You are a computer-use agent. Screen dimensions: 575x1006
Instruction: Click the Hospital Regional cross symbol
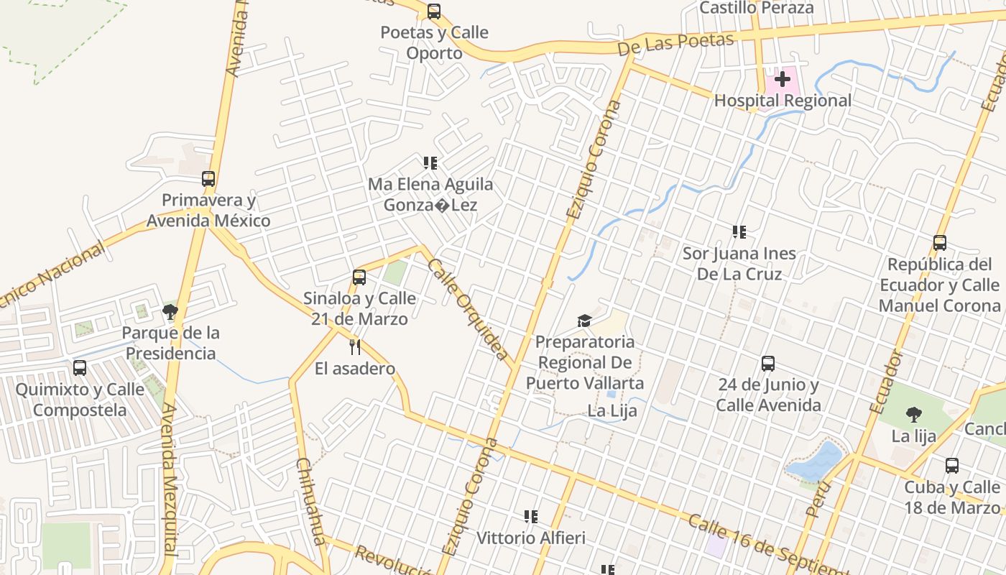(783, 79)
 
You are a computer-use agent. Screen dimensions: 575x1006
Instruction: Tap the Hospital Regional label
(783, 101)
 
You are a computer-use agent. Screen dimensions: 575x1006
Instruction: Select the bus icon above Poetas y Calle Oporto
(434, 11)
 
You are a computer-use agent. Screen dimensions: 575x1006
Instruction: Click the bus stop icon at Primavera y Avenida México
(208, 179)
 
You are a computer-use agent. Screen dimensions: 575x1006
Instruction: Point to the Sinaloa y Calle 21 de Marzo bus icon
(359, 277)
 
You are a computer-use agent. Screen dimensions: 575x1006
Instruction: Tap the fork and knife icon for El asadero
(354, 347)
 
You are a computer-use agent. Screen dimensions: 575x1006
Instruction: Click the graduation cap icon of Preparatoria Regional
(584, 321)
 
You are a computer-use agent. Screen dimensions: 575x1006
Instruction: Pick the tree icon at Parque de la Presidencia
(170, 311)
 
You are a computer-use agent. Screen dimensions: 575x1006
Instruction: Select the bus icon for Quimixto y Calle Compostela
(80, 368)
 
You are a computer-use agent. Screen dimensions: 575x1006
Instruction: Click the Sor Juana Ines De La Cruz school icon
(739, 232)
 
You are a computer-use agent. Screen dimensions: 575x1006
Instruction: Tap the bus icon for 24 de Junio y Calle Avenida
(768, 364)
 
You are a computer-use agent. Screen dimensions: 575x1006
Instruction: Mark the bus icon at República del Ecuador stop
(940, 243)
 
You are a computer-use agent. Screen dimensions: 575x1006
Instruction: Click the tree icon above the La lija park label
(914, 414)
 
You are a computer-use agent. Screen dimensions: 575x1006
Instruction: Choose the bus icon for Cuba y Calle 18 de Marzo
(952, 466)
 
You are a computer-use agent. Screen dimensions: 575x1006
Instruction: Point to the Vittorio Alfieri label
(531, 538)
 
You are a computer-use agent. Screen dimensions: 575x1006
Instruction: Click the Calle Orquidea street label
(468, 310)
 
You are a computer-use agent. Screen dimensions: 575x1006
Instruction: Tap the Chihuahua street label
(311, 501)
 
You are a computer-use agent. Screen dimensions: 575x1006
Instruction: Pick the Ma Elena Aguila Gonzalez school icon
(430, 163)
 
